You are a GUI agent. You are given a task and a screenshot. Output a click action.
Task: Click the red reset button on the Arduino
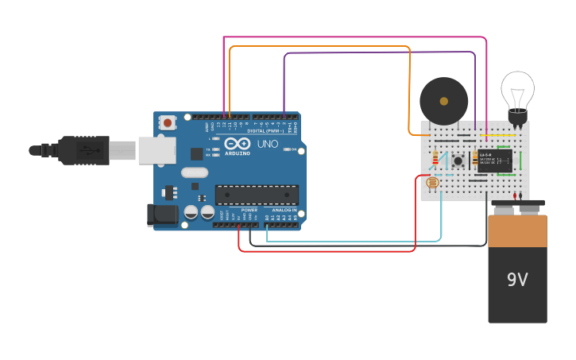tap(168, 122)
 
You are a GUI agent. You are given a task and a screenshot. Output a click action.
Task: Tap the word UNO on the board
tap(268, 145)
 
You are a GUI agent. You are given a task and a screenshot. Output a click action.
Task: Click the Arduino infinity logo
tap(238, 145)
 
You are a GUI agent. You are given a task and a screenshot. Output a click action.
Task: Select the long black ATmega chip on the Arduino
tap(257, 195)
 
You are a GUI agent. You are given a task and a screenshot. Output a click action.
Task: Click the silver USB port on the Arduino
tap(157, 149)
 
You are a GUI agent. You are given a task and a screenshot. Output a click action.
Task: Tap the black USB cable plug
tap(83, 149)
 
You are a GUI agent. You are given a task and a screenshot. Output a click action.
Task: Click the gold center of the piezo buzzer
tap(443, 101)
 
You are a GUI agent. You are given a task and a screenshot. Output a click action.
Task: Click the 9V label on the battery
tap(517, 280)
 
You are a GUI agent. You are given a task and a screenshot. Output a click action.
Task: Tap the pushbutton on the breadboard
tap(458, 161)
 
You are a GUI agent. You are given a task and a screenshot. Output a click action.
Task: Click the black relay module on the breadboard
tap(494, 161)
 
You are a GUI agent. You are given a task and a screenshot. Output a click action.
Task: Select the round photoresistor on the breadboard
tap(432, 183)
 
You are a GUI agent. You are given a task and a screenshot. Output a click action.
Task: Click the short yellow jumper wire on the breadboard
tap(505, 135)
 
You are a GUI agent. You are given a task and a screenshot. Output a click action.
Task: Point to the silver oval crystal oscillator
tap(195, 172)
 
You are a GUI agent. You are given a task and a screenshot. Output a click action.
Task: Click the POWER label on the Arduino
tap(249, 210)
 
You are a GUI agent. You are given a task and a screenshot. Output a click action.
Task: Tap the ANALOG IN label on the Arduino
tap(284, 210)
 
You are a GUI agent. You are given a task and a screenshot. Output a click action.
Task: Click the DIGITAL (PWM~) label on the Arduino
tap(265, 130)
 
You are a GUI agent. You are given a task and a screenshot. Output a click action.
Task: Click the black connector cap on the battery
tap(517, 209)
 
